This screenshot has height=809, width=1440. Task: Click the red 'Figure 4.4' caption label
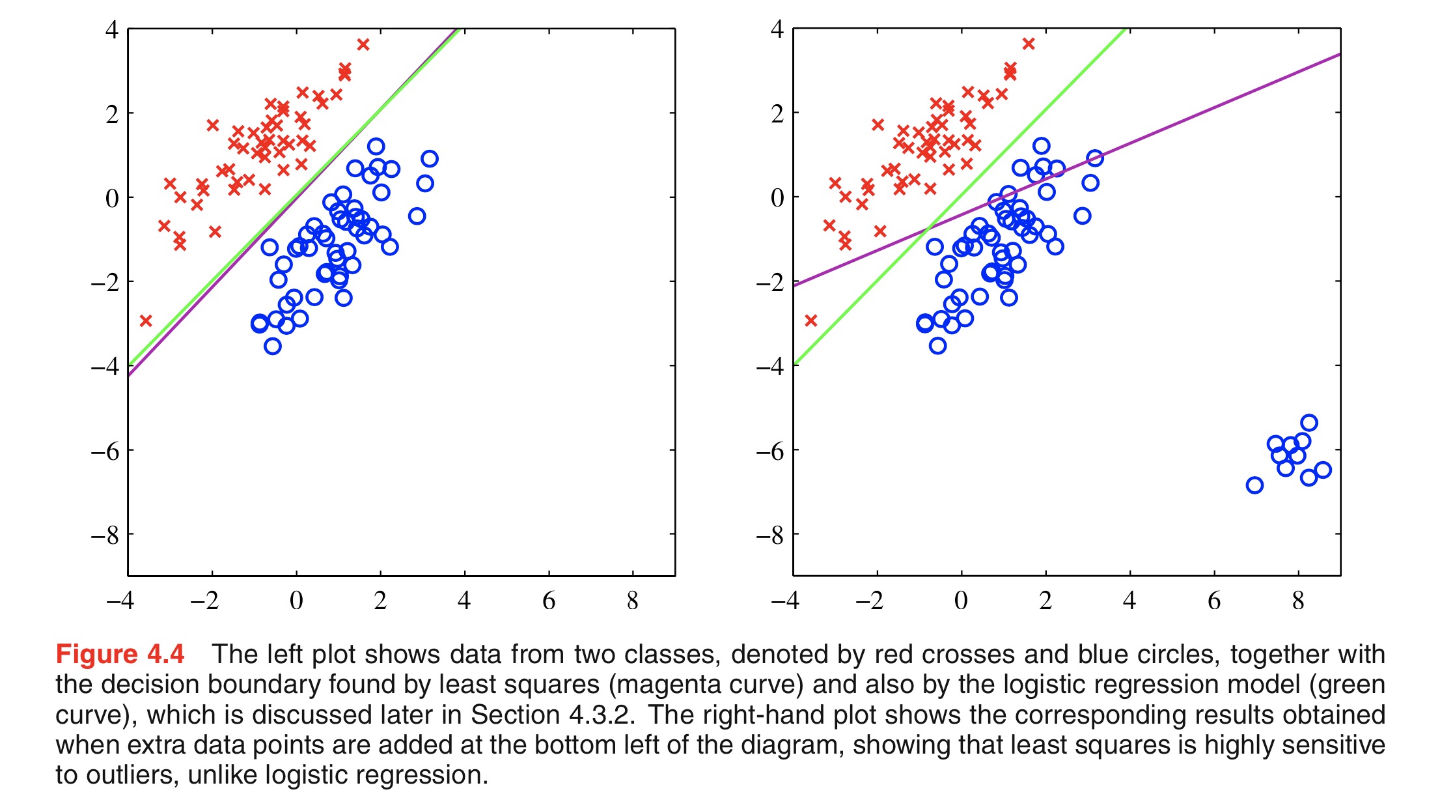pyautogui.click(x=120, y=654)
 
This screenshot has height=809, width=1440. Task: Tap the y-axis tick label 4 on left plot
pyautogui.click(x=112, y=30)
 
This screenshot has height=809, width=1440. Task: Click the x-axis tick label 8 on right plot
pyautogui.click(x=1298, y=601)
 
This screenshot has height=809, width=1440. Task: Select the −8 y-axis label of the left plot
pyautogui.click(x=105, y=535)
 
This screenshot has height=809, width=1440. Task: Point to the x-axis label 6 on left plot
pyautogui.click(x=549, y=601)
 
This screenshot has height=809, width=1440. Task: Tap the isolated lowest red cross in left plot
pyautogui.click(x=146, y=320)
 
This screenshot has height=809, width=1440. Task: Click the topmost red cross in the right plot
pyautogui.click(x=1029, y=44)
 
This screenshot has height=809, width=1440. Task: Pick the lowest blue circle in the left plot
pyautogui.click(x=273, y=346)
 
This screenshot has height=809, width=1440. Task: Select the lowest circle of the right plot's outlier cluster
pyautogui.click(x=1254, y=485)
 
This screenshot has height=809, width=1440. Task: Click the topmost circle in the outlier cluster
pyautogui.click(x=1309, y=423)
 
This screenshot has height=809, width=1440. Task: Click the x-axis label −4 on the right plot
pyautogui.click(x=785, y=601)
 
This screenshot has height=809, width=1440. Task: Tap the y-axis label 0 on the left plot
pyautogui.click(x=112, y=198)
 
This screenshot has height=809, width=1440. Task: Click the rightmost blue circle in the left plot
pyautogui.click(x=429, y=158)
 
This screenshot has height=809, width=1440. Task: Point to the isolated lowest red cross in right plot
pyautogui.click(x=810, y=320)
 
